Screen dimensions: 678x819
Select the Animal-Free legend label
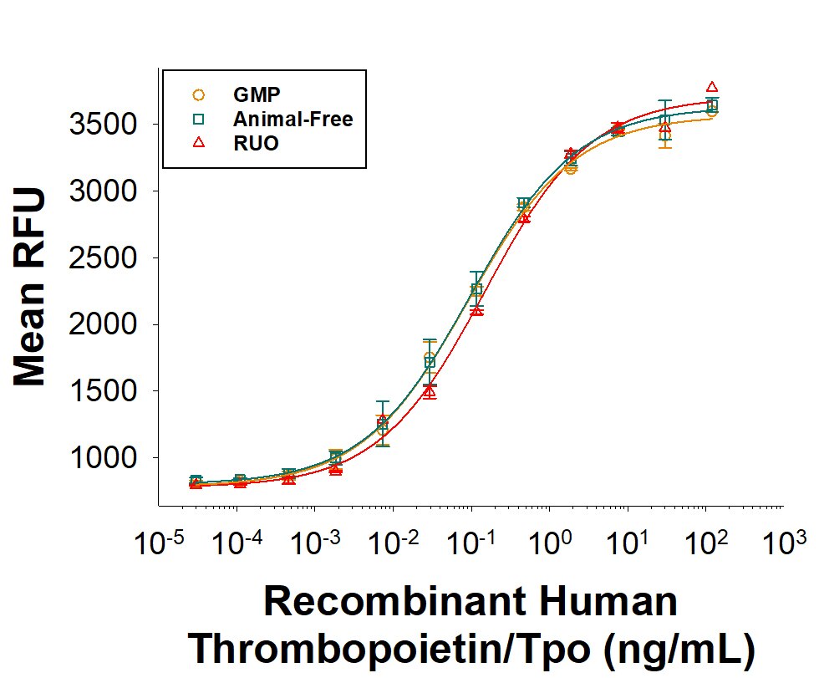click(x=293, y=119)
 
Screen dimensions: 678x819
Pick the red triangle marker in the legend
click(x=198, y=143)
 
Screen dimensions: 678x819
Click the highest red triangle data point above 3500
click(x=712, y=87)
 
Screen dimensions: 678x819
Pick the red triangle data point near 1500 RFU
click(x=430, y=390)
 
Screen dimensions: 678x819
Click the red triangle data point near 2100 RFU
click(x=476, y=310)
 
